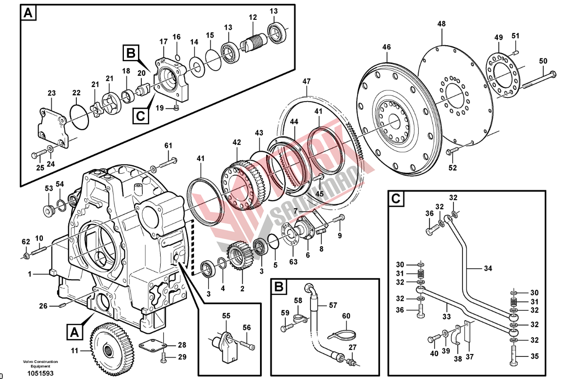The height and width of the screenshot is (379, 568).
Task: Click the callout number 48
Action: [441, 24]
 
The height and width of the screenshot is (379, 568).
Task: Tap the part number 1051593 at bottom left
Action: [40, 373]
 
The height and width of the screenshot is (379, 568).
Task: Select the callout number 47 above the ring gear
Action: [307, 81]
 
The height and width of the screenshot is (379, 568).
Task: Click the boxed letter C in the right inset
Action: [397, 199]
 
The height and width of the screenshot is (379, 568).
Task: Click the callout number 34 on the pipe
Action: [487, 269]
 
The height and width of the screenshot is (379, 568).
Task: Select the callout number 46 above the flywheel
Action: [387, 47]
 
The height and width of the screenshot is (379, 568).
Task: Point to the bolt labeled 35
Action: [513, 355]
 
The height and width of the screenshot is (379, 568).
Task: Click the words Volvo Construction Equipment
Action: [40, 363]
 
